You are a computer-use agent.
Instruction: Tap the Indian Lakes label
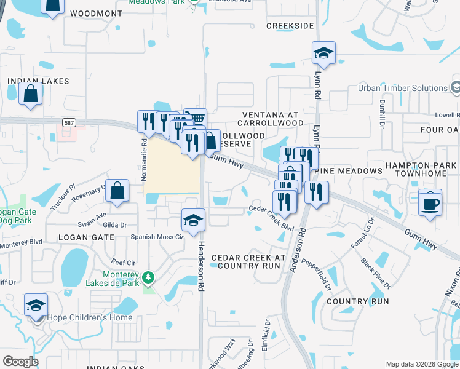click(x=38, y=81)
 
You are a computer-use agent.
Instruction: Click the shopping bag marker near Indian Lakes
click(x=30, y=93)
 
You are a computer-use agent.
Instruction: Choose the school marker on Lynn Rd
click(x=323, y=53)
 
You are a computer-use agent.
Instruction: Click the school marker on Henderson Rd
click(x=193, y=220)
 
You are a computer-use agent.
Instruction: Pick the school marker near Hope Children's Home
click(x=36, y=304)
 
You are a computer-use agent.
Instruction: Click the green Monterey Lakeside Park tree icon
click(x=148, y=278)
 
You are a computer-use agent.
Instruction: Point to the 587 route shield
click(x=69, y=123)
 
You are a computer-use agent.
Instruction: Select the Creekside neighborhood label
click(x=290, y=26)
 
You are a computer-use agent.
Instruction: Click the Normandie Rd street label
click(x=144, y=160)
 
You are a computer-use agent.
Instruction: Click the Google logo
click(x=20, y=362)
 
